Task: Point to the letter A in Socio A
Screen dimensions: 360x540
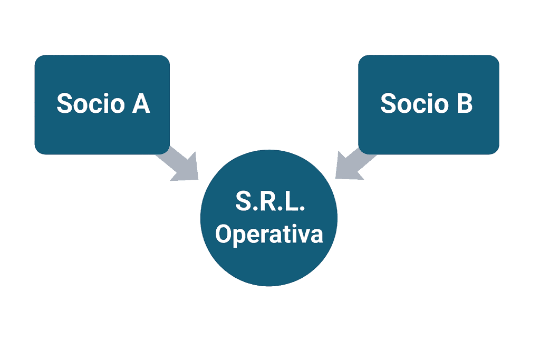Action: (x=141, y=104)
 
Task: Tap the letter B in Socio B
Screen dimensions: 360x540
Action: (x=464, y=104)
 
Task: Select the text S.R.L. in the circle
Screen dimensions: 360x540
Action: (x=269, y=202)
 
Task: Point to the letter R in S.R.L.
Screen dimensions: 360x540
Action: (x=269, y=202)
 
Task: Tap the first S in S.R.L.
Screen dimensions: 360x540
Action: (x=244, y=202)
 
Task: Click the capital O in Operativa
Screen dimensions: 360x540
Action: (x=224, y=234)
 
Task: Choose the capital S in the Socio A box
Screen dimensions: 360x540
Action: (x=64, y=104)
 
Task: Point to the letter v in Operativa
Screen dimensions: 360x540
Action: (x=305, y=235)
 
